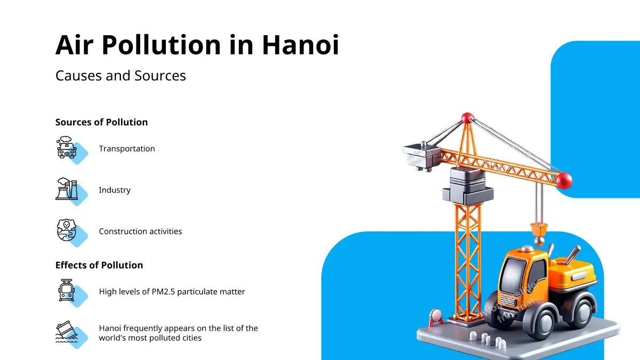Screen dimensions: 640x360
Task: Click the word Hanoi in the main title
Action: [300, 45]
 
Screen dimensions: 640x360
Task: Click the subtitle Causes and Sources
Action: [121, 76]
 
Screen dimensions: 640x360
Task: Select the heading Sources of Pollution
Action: [101, 122]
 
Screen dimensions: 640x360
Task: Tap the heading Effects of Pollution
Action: [99, 265]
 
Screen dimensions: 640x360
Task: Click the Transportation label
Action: [127, 149]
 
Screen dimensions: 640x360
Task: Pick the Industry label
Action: [115, 190]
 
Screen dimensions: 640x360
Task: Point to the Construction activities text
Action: [140, 231]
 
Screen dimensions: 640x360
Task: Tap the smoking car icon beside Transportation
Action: [67, 147]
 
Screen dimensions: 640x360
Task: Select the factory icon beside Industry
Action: [67, 189]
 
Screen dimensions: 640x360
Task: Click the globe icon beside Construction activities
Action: [67, 230]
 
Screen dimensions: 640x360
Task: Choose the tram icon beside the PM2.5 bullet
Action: [67, 290]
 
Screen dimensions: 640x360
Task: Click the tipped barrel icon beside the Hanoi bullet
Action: [67, 331]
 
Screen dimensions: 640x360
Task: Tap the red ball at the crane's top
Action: [467, 118]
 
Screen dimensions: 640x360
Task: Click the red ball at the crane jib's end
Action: [564, 181]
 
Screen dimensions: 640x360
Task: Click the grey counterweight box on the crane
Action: [422, 156]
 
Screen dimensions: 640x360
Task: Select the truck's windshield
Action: [514, 275]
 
